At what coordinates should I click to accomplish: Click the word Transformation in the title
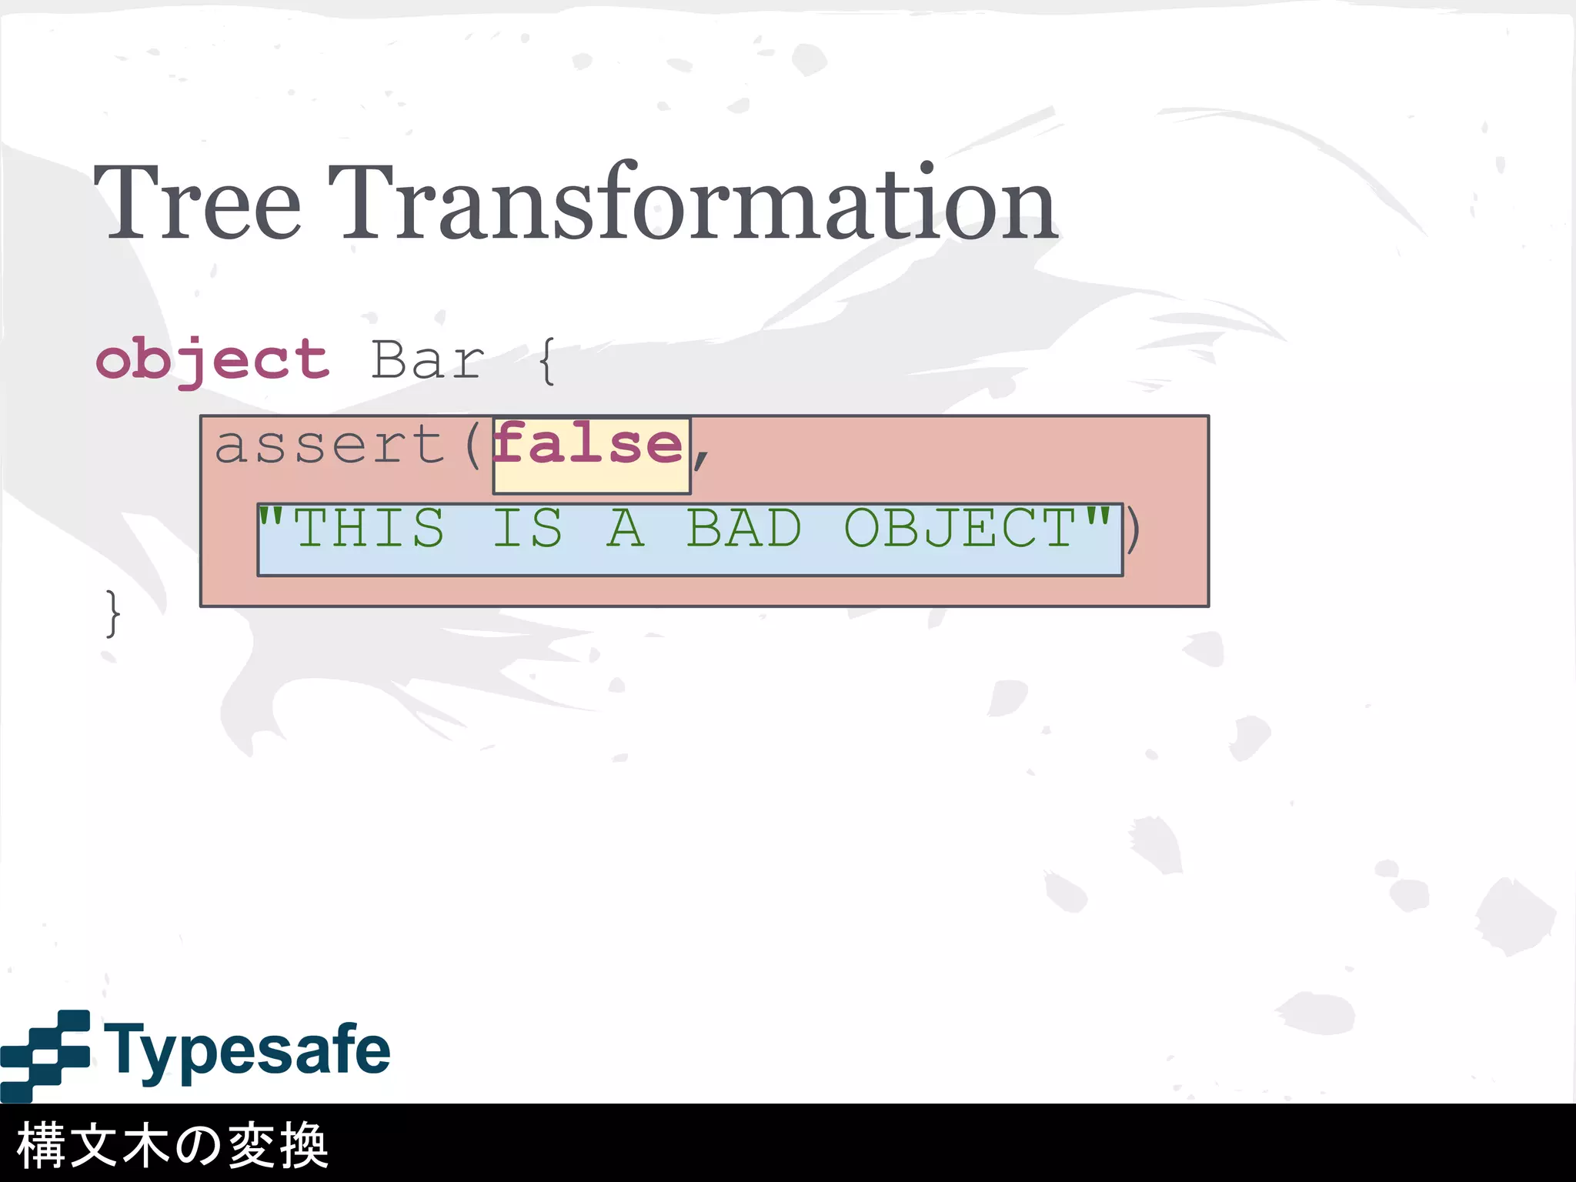pos(696,202)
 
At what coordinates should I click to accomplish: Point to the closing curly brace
pos(113,614)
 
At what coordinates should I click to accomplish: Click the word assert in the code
pos(329,445)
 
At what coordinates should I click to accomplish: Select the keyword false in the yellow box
pos(589,445)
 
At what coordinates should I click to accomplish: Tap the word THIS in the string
pos(369,528)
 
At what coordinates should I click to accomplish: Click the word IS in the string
pos(528,528)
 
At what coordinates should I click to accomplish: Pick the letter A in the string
pos(626,528)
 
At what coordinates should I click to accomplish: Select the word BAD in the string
pos(744,528)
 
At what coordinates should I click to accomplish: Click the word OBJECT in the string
pos(960,528)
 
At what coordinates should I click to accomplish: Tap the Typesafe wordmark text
pos(247,1051)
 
